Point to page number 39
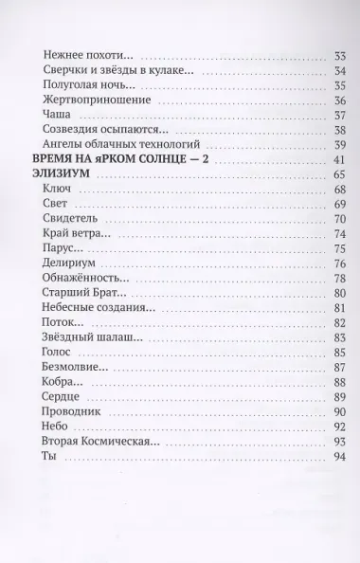coord(335,144)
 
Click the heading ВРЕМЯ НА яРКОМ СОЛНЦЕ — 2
coord(119,160)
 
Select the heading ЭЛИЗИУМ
coord(62,175)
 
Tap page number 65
coord(335,175)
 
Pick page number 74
coord(335,235)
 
